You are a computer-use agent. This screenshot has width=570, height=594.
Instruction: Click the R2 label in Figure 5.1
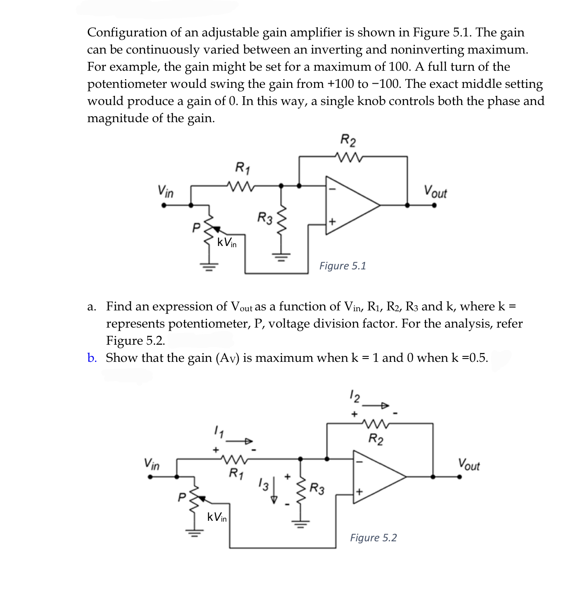(348, 141)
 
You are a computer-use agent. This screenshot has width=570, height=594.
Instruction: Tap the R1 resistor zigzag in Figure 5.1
(239, 185)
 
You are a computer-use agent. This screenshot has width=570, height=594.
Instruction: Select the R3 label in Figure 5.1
(265, 218)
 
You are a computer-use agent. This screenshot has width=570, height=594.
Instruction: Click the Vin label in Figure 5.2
(151, 464)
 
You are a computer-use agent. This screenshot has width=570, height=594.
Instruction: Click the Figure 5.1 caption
(343, 266)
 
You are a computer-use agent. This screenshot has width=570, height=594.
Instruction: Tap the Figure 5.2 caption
(373, 538)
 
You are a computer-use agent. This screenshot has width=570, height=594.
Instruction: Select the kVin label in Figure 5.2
(217, 517)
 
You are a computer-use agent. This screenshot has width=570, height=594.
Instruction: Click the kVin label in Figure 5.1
(227, 242)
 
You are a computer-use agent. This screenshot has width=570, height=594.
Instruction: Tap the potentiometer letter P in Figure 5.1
(195, 228)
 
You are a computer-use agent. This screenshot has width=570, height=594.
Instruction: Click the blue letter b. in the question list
(92, 358)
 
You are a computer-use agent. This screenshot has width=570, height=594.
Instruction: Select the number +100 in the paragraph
(340, 84)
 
